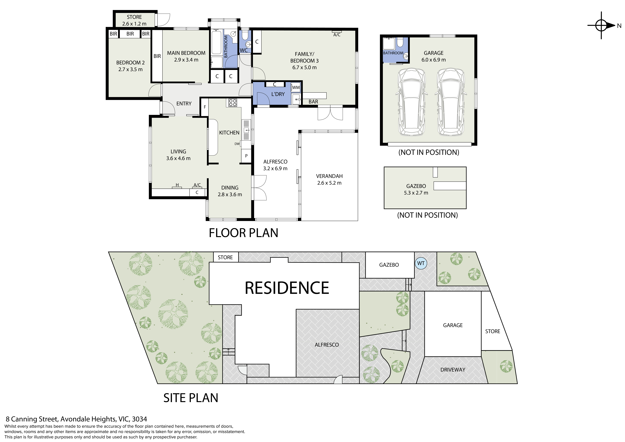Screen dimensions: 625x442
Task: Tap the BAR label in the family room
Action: coord(313,102)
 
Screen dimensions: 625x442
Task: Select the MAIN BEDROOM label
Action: coord(186,53)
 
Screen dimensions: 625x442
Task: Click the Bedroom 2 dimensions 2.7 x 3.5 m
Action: coord(130,69)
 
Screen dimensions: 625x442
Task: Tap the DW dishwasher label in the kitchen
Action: coord(237,144)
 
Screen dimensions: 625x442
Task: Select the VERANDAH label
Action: coord(329,176)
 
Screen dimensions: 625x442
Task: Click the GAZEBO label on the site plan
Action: coord(389,265)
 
